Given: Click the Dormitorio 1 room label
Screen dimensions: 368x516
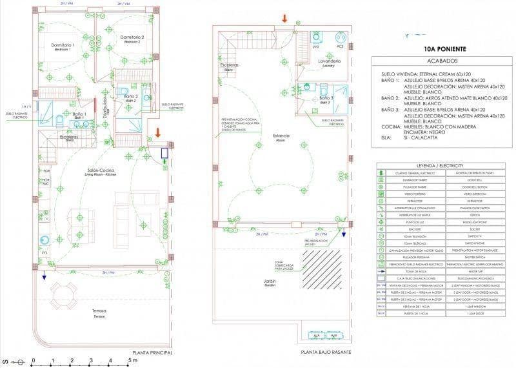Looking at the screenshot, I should pyautogui.click(x=63, y=45).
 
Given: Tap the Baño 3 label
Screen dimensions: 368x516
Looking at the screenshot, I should pyautogui.click(x=324, y=99).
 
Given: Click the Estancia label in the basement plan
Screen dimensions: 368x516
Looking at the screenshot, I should pyautogui.click(x=281, y=136).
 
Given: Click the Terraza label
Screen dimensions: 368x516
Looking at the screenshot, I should pyautogui.click(x=99, y=312).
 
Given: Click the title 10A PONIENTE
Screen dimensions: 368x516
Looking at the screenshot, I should pyautogui.click(x=442, y=48).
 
